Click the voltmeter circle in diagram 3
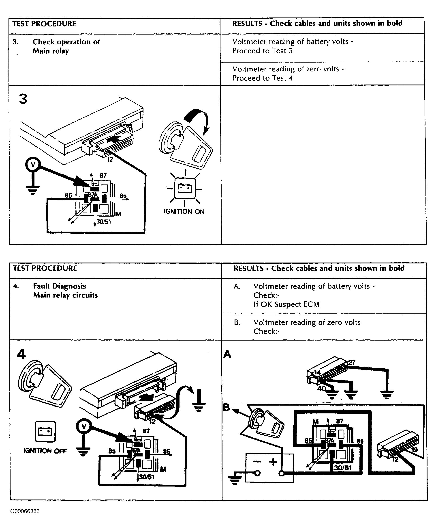point(33,165)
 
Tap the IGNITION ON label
point(184,212)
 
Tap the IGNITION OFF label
point(45,451)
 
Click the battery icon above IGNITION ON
point(185,188)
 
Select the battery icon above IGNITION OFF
point(45,432)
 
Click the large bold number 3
point(23,99)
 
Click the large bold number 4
point(21,354)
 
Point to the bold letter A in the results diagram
point(227,354)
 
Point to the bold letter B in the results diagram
point(227,407)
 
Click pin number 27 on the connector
point(352,363)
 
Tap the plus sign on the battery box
point(273,462)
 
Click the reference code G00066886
point(25,511)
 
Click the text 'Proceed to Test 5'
point(263,51)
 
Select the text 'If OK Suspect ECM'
point(286,304)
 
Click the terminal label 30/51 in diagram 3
point(103,222)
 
